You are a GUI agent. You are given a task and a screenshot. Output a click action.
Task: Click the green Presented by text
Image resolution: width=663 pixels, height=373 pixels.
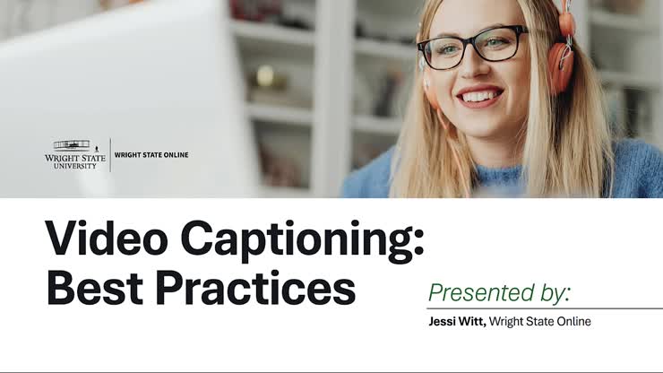[499, 293]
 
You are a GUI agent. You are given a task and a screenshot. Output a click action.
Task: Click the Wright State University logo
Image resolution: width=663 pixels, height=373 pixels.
[74, 155]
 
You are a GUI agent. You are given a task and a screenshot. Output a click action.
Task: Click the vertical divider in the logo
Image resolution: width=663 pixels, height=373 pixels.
[110, 155]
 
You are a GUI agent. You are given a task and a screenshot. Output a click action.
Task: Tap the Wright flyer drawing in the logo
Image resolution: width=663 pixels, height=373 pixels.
[72, 144]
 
